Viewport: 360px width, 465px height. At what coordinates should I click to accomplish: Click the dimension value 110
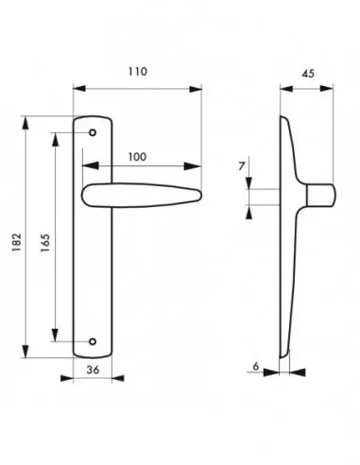(138, 72)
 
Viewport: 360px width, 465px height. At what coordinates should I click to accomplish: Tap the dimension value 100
(137, 157)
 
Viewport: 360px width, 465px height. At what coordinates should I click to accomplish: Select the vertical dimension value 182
(16, 242)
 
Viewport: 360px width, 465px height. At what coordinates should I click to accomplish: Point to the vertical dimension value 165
(44, 243)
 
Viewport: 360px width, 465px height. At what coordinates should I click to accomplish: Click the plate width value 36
(93, 370)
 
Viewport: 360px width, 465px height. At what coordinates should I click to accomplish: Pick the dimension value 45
(308, 74)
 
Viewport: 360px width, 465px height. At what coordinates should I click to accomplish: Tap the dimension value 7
(242, 166)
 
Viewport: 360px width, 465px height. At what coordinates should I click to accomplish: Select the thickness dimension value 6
(256, 366)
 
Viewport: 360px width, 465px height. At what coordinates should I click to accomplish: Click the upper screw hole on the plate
(93, 132)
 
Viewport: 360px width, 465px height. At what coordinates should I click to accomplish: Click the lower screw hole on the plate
(93, 341)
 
